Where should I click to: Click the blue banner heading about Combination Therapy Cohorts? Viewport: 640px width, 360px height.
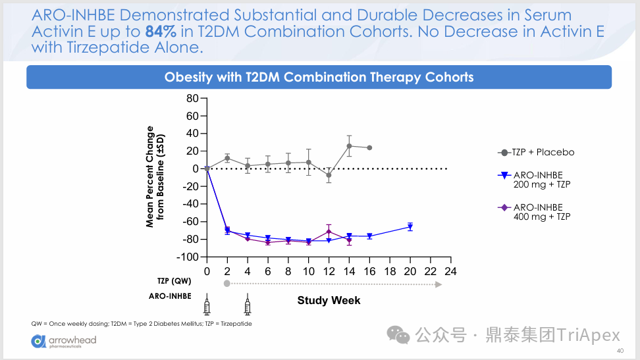(x=319, y=77)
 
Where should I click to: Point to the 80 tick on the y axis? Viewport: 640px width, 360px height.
(x=192, y=99)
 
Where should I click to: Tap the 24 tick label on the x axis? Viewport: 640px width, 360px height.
(x=450, y=271)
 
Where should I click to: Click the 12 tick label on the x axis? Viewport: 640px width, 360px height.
(x=329, y=271)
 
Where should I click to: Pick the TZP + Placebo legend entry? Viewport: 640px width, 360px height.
(x=537, y=152)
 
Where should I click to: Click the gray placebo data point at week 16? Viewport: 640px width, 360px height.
(x=369, y=147)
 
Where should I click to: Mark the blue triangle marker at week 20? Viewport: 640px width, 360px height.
(x=410, y=227)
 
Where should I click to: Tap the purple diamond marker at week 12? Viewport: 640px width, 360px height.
(x=329, y=232)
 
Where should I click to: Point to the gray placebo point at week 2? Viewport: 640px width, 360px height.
(x=227, y=158)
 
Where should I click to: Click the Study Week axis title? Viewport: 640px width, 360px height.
(x=329, y=300)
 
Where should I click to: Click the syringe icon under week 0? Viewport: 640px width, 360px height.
(x=207, y=305)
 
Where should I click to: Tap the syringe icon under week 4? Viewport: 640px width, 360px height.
(x=248, y=305)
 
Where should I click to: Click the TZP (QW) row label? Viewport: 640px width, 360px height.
(x=173, y=281)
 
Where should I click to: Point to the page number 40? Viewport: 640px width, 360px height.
(x=620, y=351)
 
